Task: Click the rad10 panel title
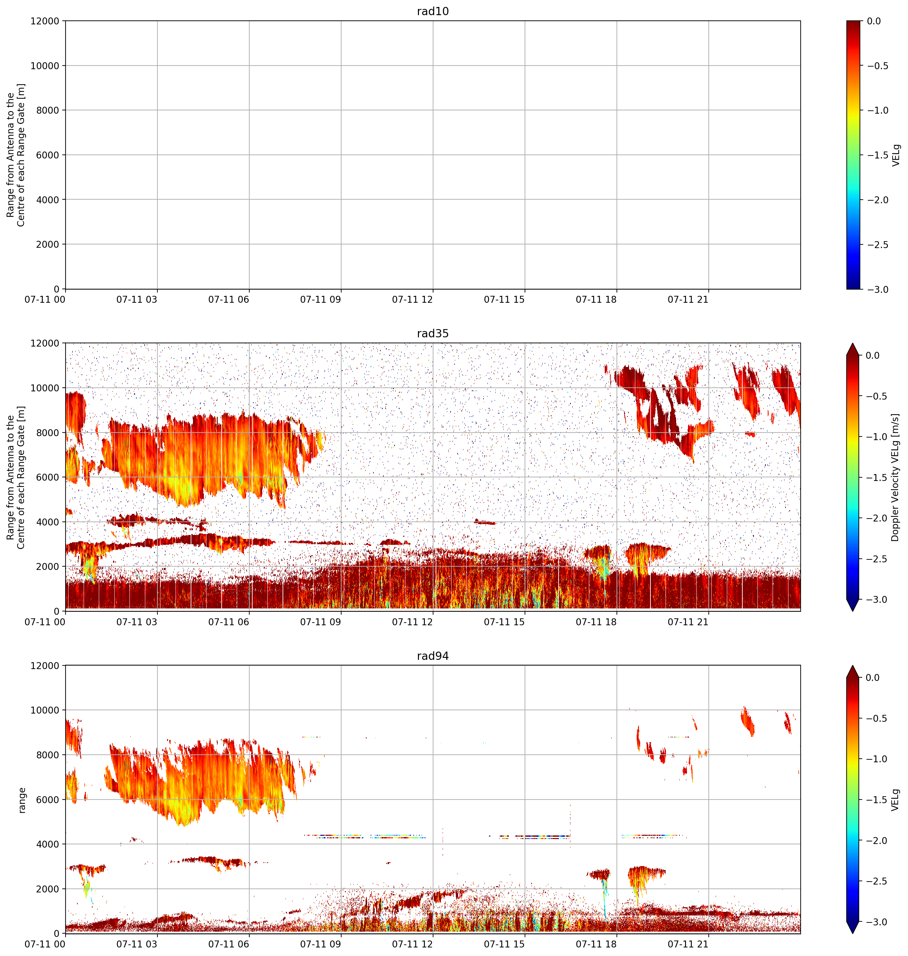[433, 11]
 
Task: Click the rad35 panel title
[433, 333]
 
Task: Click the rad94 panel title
[433, 656]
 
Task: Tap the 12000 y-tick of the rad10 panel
[44, 21]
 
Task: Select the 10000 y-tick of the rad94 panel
[44, 710]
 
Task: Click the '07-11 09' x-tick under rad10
[320, 300]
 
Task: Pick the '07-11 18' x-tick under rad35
[596, 622]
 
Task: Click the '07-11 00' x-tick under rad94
[45, 944]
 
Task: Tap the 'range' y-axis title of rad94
[22, 800]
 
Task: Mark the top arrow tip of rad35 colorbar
[852, 344]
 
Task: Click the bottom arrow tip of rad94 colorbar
[852, 933]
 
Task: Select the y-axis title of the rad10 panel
[16, 155]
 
